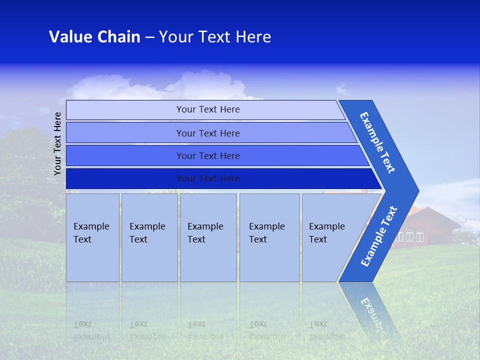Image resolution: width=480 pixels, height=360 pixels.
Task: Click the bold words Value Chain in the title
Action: [94, 37]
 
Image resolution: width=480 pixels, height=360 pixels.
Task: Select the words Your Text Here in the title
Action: [215, 37]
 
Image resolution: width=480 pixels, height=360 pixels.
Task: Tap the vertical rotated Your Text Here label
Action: [57, 143]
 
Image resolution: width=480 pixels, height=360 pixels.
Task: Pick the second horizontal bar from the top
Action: [207, 133]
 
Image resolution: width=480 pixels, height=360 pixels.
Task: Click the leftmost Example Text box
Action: [92, 237]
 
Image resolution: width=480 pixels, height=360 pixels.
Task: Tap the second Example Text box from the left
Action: [149, 237]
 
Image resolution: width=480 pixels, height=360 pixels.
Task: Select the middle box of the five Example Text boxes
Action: [208, 237]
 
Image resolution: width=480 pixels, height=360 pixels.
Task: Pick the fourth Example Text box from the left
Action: [269, 237]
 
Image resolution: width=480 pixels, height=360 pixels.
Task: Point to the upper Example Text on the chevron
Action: [377, 142]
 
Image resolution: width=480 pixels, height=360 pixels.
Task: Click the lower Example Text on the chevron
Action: [379, 236]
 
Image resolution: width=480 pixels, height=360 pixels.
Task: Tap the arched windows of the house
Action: [410, 235]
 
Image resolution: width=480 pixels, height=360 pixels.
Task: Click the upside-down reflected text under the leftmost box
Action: [91, 330]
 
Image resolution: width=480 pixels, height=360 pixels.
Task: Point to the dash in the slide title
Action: [149, 37]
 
